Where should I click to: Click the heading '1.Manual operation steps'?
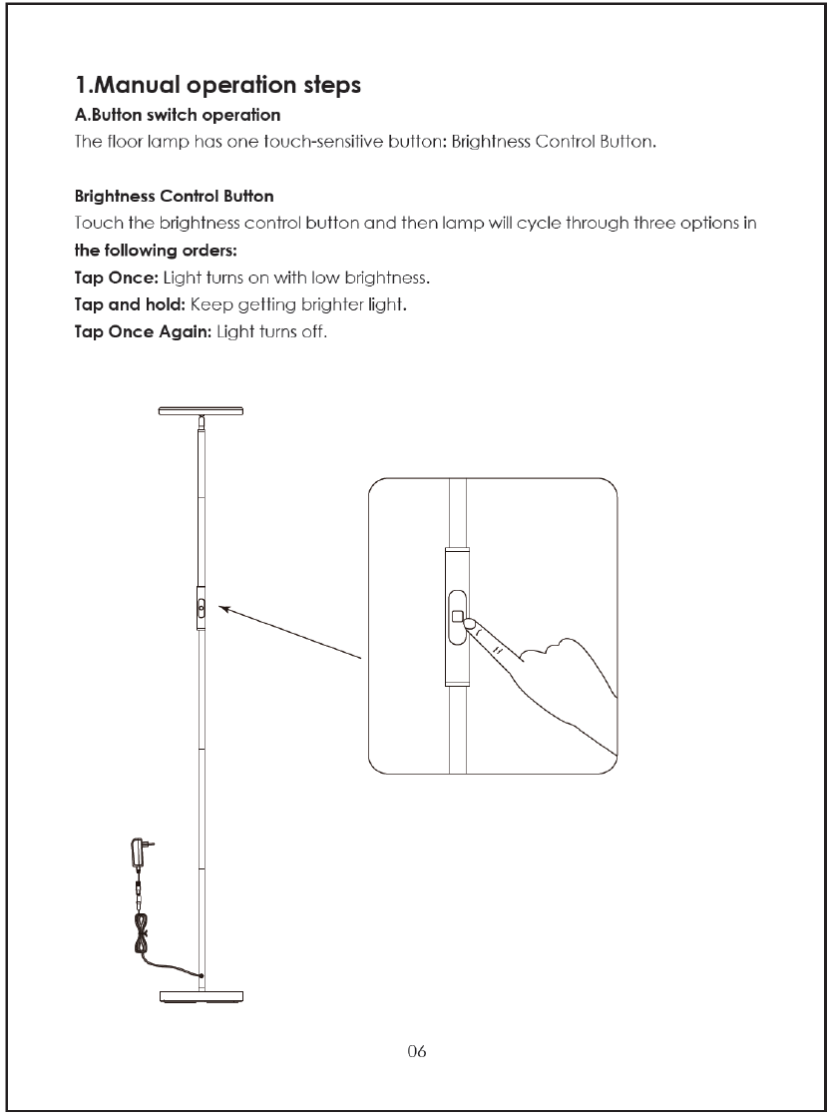(x=217, y=86)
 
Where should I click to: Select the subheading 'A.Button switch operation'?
(x=178, y=116)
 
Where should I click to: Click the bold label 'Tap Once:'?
(x=117, y=277)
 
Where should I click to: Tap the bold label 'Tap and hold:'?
(x=130, y=304)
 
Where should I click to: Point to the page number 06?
(x=417, y=1051)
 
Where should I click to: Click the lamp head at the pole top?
(x=203, y=411)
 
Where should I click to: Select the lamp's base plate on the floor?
(x=203, y=994)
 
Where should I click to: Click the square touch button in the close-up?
(x=457, y=616)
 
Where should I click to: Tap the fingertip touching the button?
(x=471, y=624)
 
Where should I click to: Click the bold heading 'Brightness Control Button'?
(x=175, y=196)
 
